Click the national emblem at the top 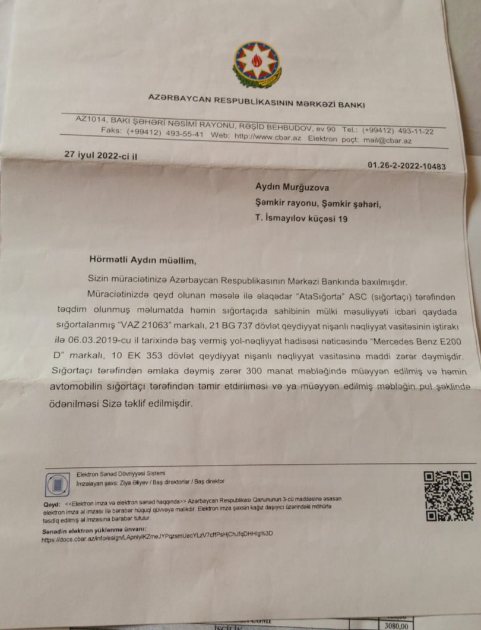point(257,65)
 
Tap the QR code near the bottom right point(448,496)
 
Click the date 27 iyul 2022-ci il point(102,154)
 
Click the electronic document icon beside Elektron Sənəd point(58,485)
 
